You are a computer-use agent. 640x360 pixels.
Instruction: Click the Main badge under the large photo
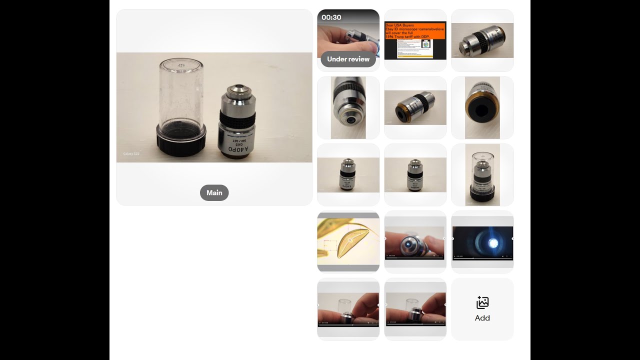(x=214, y=193)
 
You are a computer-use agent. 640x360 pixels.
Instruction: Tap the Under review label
(x=348, y=59)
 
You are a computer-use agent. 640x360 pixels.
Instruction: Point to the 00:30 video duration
(x=331, y=17)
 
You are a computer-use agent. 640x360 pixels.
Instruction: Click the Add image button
(x=482, y=309)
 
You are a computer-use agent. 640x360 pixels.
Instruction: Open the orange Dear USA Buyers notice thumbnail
(x=415, y=40)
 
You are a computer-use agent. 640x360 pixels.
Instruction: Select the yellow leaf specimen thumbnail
(x=348, y=242)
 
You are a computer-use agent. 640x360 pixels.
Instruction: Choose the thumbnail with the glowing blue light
(x=482, y=242)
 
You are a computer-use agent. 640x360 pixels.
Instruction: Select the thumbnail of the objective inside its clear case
(x=482, y=175)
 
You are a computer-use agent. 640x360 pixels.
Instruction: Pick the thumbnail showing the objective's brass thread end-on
(x=482, y=108)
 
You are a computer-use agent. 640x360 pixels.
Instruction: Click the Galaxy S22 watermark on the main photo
(x=131, y=153)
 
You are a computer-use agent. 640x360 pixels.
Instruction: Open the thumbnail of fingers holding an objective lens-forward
(x=415, y=242)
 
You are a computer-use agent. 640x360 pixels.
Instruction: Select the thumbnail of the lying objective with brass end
(x=415, y=108)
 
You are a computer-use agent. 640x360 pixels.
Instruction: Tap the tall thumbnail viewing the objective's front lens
(x=348, y=108)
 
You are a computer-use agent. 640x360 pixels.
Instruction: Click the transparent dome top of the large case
(x=181, y=67)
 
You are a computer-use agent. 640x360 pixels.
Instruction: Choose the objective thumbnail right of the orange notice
(x=482, y=40)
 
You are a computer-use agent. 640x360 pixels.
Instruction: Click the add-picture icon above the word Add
(x=482, y=302)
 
